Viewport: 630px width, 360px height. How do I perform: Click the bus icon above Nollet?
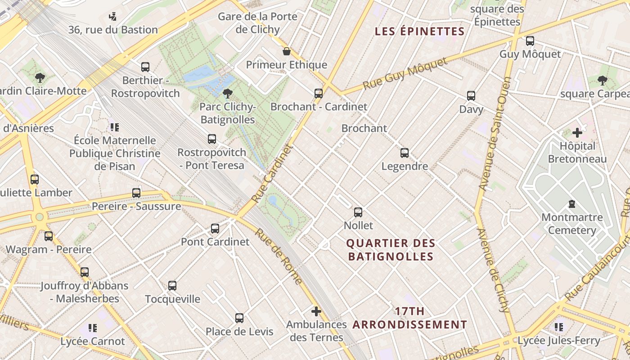(358, 212)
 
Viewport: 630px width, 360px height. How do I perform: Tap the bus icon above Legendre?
(405, 153)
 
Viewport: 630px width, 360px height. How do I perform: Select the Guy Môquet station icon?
(530, 41)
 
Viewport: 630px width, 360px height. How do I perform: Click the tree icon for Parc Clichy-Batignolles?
(228, 94)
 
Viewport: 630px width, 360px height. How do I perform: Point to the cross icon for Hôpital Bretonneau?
(577, 133)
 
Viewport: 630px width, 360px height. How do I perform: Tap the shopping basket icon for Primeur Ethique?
(286, 51)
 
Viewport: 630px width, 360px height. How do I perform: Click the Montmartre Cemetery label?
(572, 224)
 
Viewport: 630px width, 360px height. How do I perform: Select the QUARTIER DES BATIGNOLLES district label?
(391, 250)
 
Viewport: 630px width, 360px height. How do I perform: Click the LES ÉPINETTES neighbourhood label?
(419, 31)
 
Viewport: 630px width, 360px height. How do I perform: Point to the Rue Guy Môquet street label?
(405, 72)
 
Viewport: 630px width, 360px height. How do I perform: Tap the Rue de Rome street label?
(279, 256)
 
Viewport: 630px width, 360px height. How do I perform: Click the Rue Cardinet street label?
(272, 173)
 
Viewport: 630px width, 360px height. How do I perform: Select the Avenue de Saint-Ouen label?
(495, 133)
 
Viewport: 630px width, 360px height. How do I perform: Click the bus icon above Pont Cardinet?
(215, 229)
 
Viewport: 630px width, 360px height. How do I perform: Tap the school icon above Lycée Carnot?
(93, 328)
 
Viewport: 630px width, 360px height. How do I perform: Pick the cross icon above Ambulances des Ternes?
(316, 311)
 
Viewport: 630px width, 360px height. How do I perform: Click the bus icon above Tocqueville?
(172, 286)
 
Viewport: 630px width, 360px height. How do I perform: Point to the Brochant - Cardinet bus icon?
(319, 94)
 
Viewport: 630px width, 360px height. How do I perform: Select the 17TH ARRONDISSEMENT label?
(410, 318)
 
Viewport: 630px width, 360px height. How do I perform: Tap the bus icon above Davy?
(471, 96)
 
